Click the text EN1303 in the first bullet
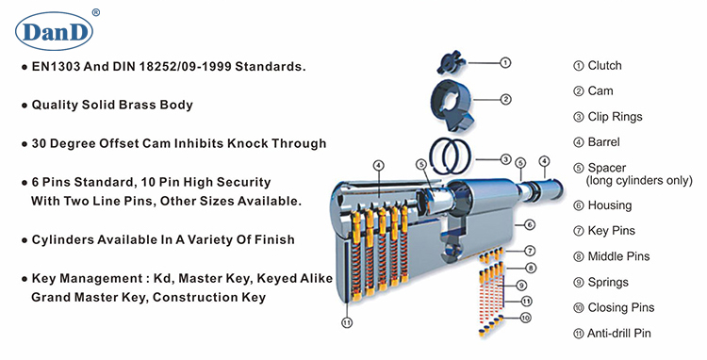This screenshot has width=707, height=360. point(59,69)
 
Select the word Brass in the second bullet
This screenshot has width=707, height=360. point(140,105)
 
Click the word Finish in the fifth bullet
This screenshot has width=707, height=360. point(271,239)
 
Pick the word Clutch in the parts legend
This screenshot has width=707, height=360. point(604,66)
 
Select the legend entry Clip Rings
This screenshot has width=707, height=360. point(615,117)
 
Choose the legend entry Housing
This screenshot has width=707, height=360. point(610,205)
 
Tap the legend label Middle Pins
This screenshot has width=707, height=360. point(618,255)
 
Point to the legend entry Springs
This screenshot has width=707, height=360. point(608,282)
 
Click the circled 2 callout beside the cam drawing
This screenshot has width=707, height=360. point(506,98)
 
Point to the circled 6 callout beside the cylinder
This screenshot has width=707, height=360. point(529,224)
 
